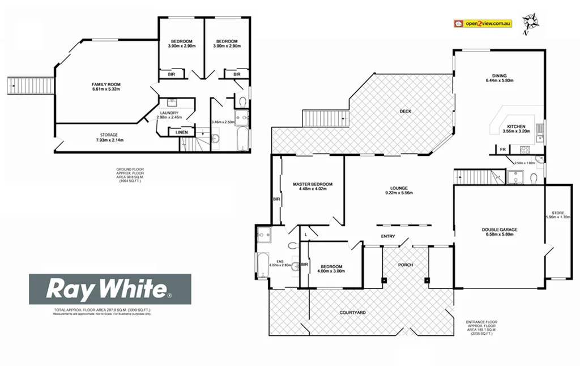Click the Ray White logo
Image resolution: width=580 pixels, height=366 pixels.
coord(110,289)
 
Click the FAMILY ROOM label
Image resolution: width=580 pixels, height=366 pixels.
coord(106,84)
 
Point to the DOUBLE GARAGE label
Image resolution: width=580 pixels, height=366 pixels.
coord(500,229)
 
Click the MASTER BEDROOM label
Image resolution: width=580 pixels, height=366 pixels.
coord(312,184)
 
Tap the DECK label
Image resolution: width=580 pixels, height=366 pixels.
coord(405,112)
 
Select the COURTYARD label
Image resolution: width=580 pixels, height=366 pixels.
coord(352,312)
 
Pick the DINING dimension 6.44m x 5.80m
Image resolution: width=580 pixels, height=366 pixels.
coord(499,80)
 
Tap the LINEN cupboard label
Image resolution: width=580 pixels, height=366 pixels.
coord(182,133)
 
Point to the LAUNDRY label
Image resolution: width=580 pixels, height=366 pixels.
coord(169,113)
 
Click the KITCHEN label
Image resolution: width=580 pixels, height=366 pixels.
coord(516,126)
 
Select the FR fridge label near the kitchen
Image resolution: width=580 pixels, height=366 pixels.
coord(502,149)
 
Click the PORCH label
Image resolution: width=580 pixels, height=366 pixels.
coord(405,265)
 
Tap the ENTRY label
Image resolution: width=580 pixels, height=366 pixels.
coord(388,236)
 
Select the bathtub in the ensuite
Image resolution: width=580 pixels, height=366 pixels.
coord(263,264)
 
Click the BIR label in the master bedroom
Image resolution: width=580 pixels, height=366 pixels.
coord(276,199)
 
